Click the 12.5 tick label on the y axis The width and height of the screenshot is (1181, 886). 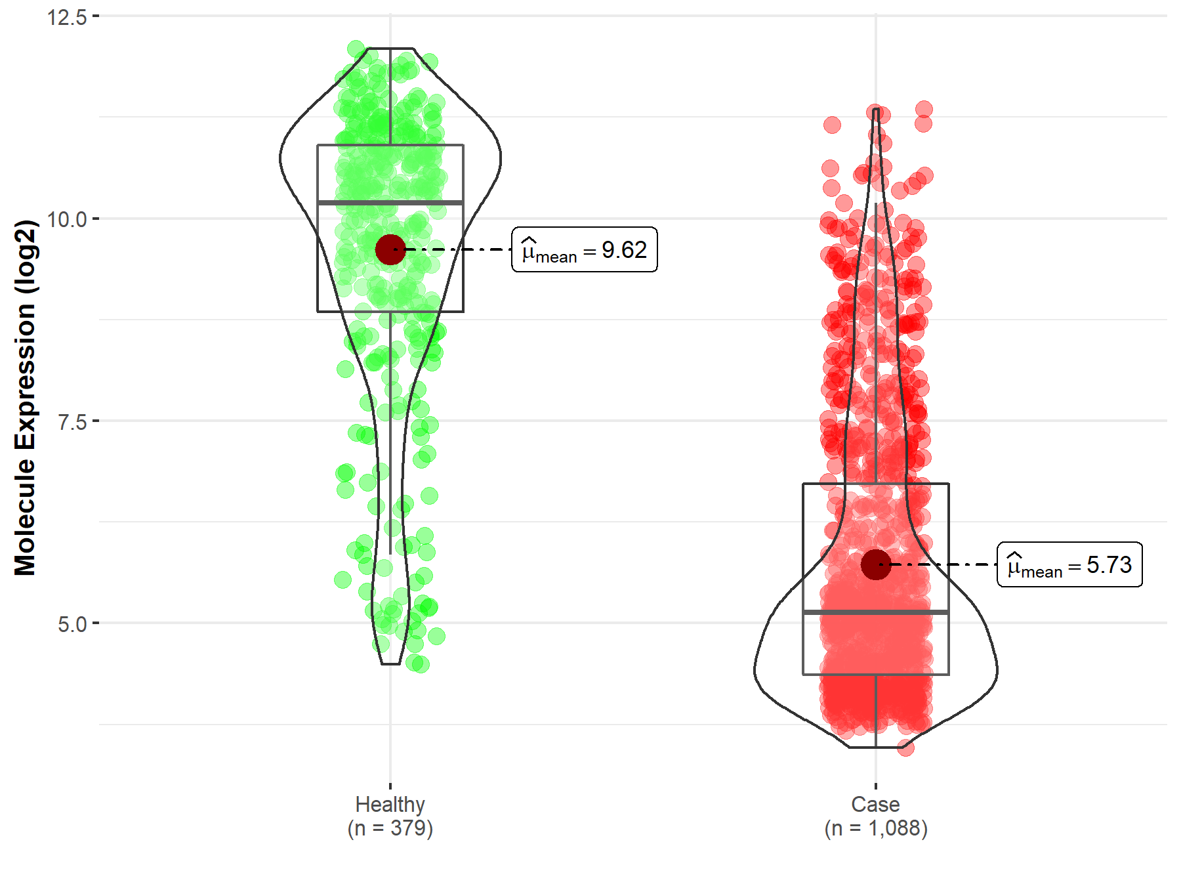tap(67, 17)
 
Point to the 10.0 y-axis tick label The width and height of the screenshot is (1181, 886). tap(67, 219)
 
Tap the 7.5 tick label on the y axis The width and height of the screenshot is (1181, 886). tap(72, 422)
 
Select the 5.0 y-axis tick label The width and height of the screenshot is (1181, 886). tap(72, 624)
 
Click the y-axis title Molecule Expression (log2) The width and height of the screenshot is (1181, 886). tap(25, 398)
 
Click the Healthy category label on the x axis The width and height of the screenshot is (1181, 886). tap(390, 804)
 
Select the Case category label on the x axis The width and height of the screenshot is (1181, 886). tap(875, 804)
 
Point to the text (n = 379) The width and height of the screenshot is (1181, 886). tap(390, 828)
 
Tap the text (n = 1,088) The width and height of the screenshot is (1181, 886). tap(875, 828)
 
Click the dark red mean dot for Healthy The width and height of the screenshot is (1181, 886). tap(390, 249)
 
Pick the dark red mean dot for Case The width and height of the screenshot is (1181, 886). tap(876, 564)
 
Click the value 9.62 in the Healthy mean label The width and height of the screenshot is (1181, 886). tap(624, 250)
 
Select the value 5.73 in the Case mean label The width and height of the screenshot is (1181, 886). tap(1109, 565)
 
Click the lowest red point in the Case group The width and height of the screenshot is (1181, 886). tap(905, 748)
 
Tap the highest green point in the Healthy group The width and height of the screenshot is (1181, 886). tap(356, 49)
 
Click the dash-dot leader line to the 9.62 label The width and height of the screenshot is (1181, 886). tap(459, 249)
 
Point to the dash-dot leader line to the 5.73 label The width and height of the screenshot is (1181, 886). tap(945, 564)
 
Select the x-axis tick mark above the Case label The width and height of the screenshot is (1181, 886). tap(876, 786)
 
